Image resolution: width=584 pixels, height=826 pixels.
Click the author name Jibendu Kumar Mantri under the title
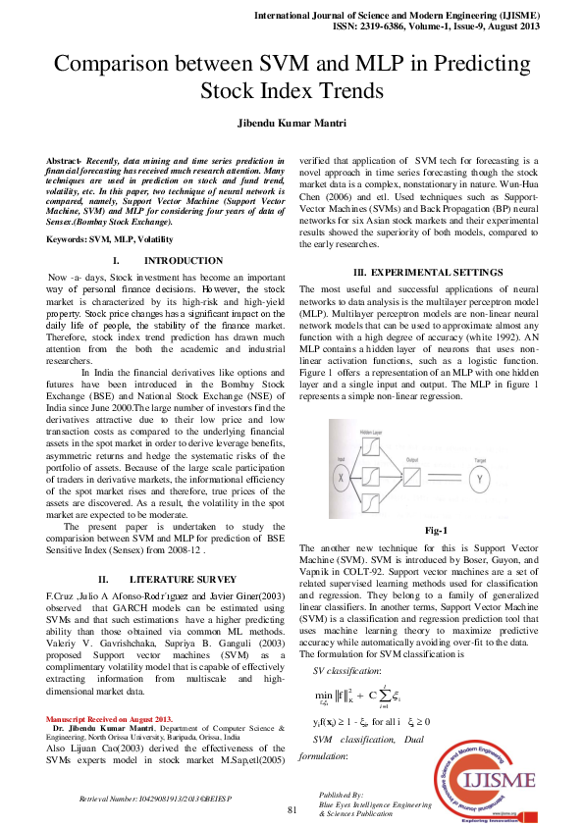292,126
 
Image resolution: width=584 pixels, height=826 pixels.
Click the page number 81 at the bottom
292,810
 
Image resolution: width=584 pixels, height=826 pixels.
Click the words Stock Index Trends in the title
292,92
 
